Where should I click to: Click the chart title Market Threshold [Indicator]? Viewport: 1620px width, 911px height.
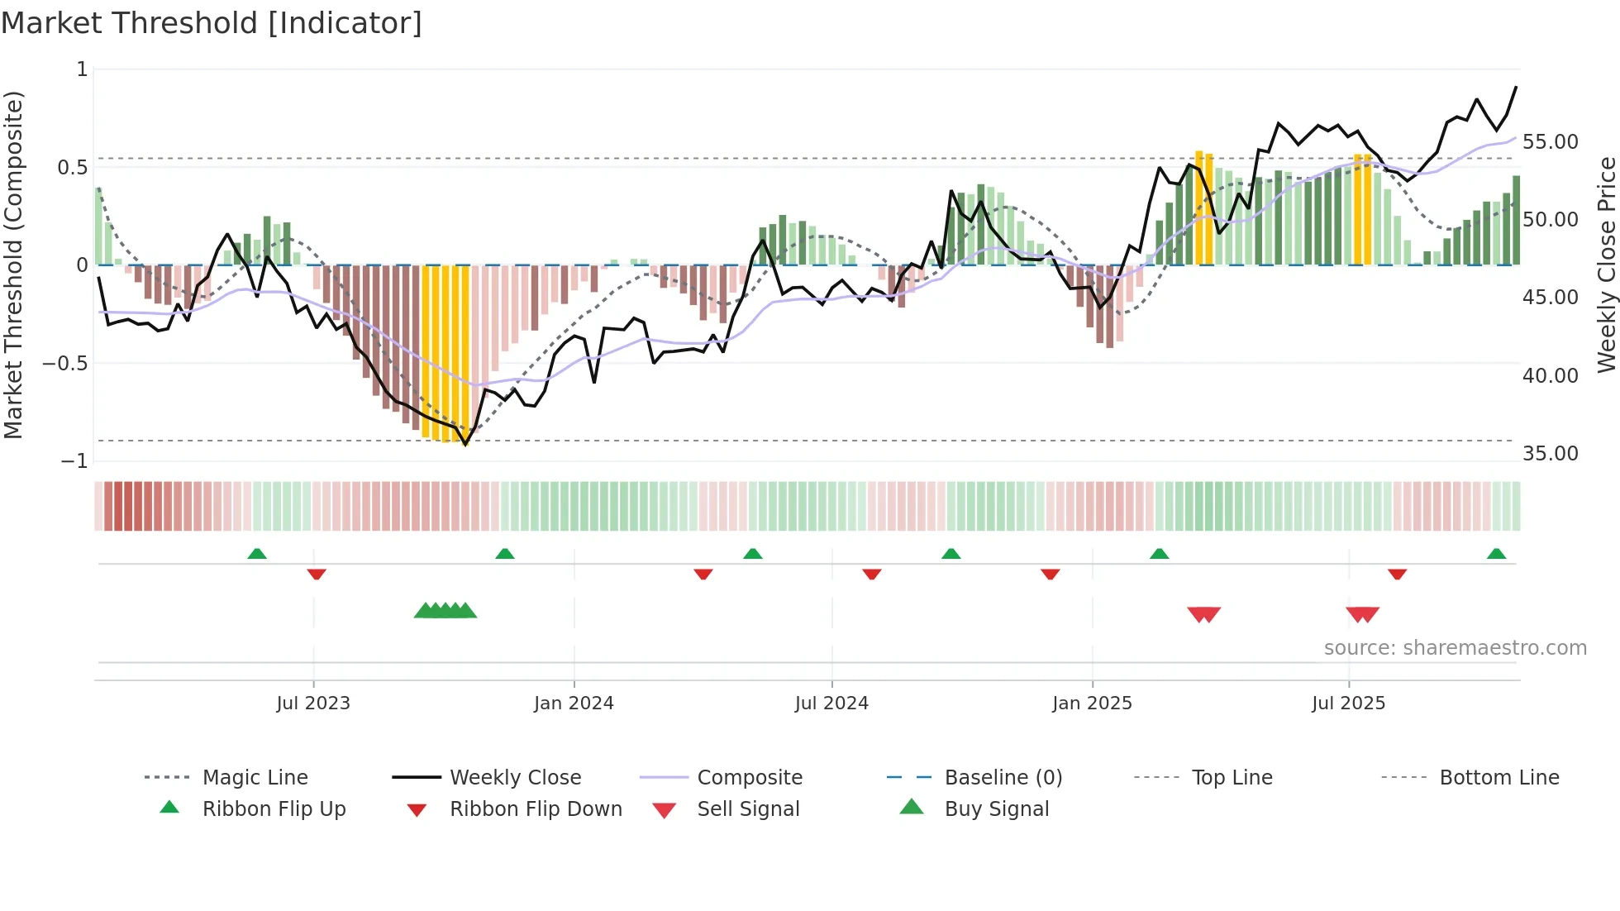click(x=212, y=23)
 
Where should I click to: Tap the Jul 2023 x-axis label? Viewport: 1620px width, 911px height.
click(x=313, y=704)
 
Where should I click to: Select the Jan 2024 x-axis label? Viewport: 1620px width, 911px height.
click(x=574, y=704)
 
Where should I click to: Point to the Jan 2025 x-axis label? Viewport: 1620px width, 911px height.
click(x=1092, y=704)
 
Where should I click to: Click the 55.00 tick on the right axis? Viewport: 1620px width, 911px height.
click(x=1550, y=142)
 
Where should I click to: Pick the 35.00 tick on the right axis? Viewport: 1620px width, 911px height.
click(x=1550, y=454)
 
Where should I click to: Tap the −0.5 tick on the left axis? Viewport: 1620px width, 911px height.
click(x=65, y=364)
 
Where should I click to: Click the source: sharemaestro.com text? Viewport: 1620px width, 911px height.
click(x=1455, y=648)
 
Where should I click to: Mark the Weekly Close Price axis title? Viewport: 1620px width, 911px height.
click(x=1606, y=265)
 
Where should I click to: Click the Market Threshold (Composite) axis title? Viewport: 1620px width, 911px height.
click(x=13, y=265)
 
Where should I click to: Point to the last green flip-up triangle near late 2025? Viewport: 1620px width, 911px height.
click(x=1496, y=554)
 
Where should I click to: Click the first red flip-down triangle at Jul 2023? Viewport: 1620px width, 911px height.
click(x=317, y=574)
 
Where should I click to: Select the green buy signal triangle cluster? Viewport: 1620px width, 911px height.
click(x=445, y=611)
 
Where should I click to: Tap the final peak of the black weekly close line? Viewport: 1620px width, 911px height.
click(x=1516, y=87)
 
